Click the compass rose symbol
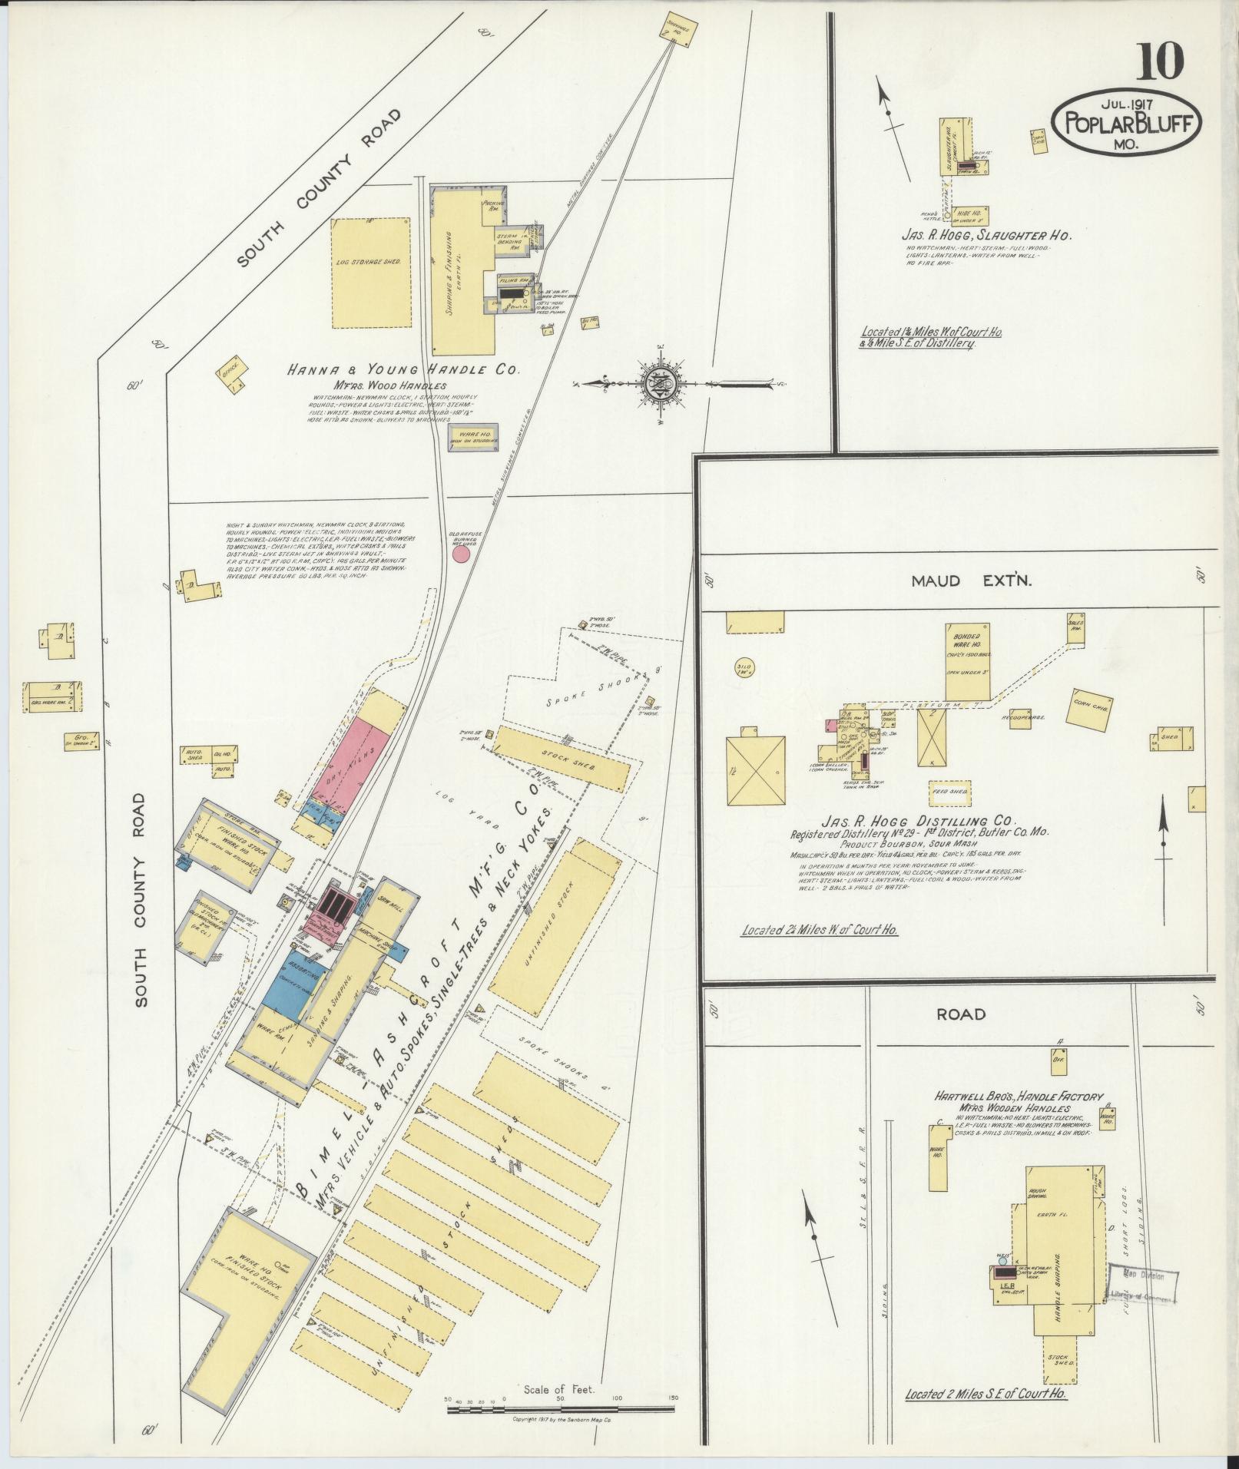659,382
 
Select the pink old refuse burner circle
461,554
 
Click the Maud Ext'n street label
971,581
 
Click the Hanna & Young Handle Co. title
403,370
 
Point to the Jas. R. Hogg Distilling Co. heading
919,820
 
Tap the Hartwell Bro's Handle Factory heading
1019,1097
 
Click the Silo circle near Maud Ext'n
744,667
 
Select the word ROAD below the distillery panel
960,1014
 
